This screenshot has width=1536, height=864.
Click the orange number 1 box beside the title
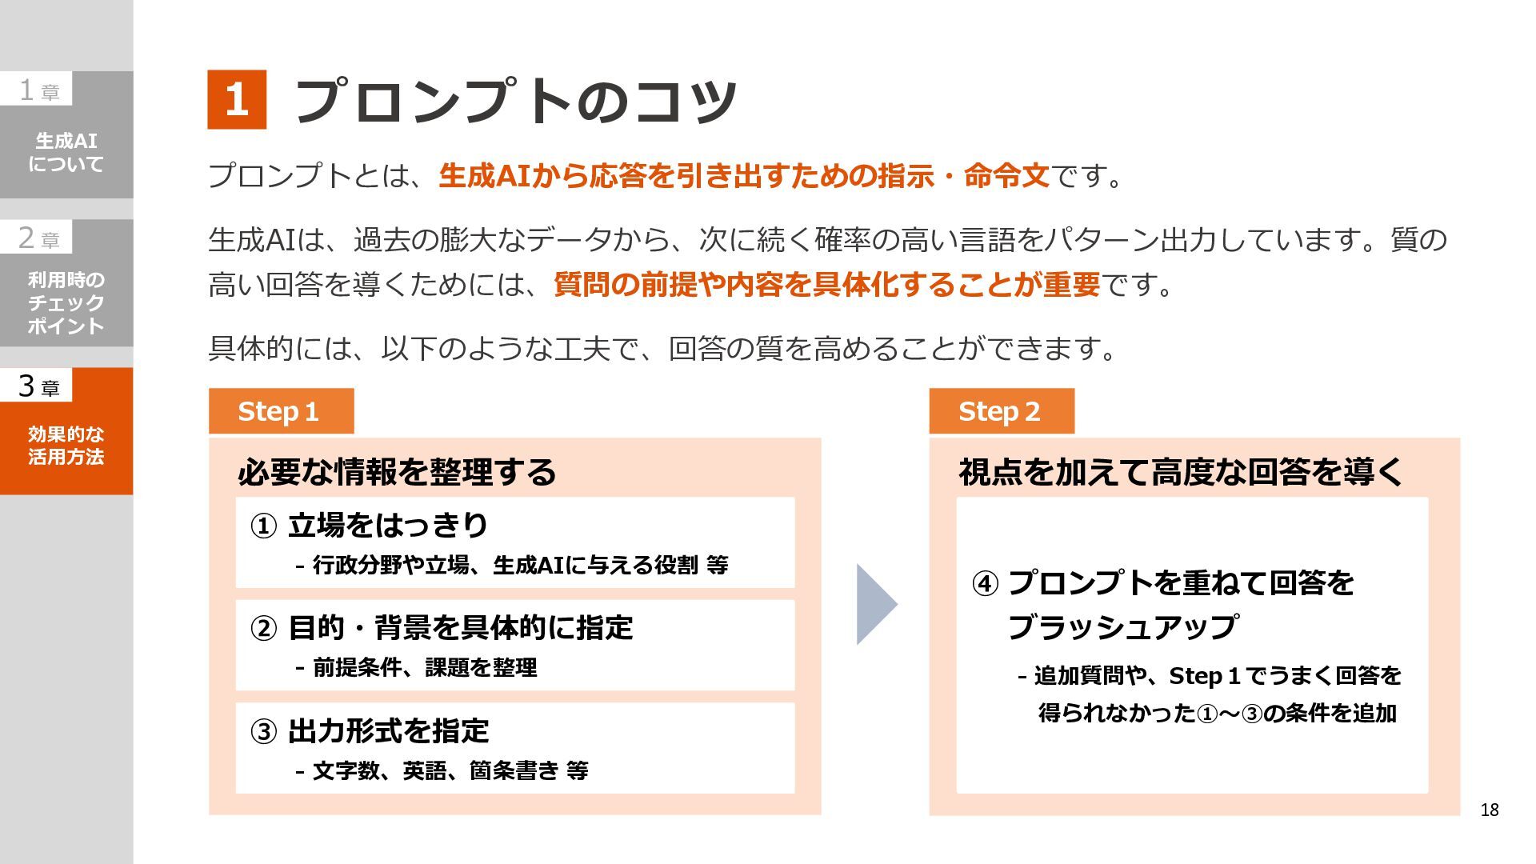pos(237,100)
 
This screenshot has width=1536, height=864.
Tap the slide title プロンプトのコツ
pos(515,102)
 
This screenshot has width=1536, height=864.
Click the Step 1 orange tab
pos(281,411)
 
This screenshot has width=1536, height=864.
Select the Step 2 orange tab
pos(1001,411)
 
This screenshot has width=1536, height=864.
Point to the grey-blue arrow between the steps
pos(876,604)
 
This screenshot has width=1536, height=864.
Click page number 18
pos(1489,810)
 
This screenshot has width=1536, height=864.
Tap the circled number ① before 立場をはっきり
pos(263,526)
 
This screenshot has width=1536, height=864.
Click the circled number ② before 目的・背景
pos(263,629)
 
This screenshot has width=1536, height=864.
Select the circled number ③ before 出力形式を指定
pos(263,731)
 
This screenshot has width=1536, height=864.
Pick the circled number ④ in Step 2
pos(985,583)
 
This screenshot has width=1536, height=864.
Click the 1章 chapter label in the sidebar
pos(38,90)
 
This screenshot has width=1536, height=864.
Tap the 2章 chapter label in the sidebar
pos(38,238)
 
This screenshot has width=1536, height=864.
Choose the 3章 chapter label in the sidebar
pos(38,386)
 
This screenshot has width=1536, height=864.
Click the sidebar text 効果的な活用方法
pos(66,446)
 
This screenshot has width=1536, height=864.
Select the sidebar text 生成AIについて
pos(66,152)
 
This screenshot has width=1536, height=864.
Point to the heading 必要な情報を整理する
pos(397,472)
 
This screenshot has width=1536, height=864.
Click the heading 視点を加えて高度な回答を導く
pos(1181,472)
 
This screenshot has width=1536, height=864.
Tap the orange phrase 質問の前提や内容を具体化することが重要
pos(826,285)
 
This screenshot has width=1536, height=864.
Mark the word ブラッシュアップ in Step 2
pos(1122,627)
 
